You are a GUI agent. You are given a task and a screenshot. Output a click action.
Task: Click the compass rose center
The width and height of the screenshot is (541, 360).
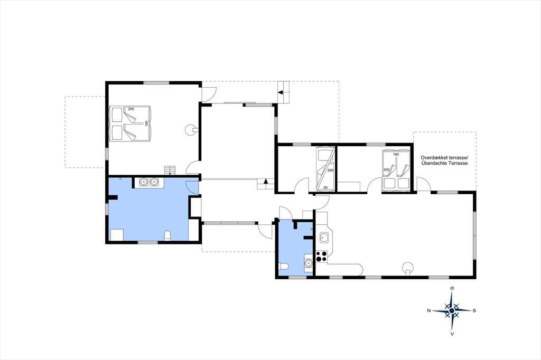pyautogui.click(x=452, y=311)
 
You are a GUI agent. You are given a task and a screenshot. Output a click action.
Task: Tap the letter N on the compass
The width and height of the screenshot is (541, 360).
pyautogui.click(x=429, y=311)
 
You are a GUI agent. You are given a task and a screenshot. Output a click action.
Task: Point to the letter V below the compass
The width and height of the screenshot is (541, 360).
pyautogui.click(x=452, y=334)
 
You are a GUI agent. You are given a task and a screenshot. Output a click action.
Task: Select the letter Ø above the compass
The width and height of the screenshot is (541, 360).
pyautogui.click(x=452, y=288)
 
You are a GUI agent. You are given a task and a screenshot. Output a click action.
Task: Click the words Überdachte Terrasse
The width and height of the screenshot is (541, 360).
pyautogui.click(x=444, y=163)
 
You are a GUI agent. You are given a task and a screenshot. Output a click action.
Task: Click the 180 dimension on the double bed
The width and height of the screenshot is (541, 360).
pyautogui.click(x=146, y=124)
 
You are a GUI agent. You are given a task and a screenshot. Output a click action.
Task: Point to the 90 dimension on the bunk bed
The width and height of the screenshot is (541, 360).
pyautogui.click(x=325, y=187)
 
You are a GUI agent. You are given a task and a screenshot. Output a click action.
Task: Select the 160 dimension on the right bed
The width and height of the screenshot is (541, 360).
pyautogui.click(x=396, y=155)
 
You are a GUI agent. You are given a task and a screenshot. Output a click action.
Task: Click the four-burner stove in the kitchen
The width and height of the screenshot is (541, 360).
pyautogui.click(x=321, y=257)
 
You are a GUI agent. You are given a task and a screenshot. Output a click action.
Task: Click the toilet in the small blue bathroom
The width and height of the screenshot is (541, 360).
pyautogui.click(x=284, y=267)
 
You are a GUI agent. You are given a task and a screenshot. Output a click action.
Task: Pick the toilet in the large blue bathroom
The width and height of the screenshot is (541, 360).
pyautogui.click(x=167, y=235)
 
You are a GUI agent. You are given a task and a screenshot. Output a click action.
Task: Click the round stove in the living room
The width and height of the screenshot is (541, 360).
pyautogui.click(x=408, y=268)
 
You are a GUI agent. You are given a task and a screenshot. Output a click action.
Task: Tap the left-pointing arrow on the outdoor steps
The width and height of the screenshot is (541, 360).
pyautogui.click(x=280, y=92)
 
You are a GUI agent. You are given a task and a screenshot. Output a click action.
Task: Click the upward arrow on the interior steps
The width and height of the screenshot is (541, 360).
pyautogui.click(x=265, y=181)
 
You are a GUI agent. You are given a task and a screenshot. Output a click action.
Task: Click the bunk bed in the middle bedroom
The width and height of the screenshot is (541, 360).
pyautogui.click(x=325, y=168)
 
